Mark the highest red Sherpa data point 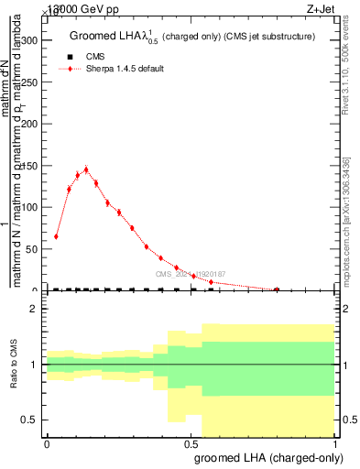(86, 169)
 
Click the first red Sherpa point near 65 (56, 236)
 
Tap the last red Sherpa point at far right (277, 289)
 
